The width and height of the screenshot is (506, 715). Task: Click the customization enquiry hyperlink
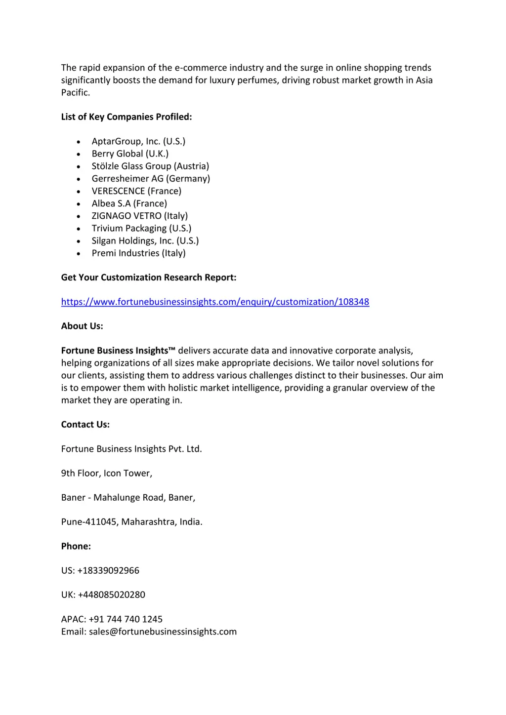click(x=215, y=302)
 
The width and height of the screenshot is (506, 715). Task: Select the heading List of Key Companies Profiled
click(x=126, y=117)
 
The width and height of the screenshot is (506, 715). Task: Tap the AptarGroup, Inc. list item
click(x=138, y=141)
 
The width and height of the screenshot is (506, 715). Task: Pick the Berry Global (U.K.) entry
click(x=130, y=154)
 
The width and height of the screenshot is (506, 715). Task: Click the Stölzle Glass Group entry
click(x=150, y=166)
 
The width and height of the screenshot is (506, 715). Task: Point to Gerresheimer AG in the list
click(x=151, y=178)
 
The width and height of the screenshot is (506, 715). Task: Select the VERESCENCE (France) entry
click(x=136, y=191)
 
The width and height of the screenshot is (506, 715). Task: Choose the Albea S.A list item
click(x=129, y=203)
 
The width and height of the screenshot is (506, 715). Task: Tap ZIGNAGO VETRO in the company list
click(x=139, y=216)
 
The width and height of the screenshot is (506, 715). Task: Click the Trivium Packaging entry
click(x=141, y=228)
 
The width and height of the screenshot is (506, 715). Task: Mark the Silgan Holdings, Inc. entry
click(x=145, y=240)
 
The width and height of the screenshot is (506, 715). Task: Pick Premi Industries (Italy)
click(x=138, y=253)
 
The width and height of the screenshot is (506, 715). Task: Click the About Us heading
click(x=82, y=326)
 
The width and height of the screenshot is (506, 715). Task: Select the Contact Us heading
click(x=85, y=425)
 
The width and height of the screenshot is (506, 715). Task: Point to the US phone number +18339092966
click(x=108, y=570)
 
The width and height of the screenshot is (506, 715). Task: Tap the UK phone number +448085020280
click(x=111, y=595)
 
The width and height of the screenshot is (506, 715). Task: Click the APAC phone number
click(x=126, y=619)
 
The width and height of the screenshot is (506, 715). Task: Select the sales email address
click(x=163, y=632)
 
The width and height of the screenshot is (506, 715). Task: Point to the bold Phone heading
click(x=76, y=546)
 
